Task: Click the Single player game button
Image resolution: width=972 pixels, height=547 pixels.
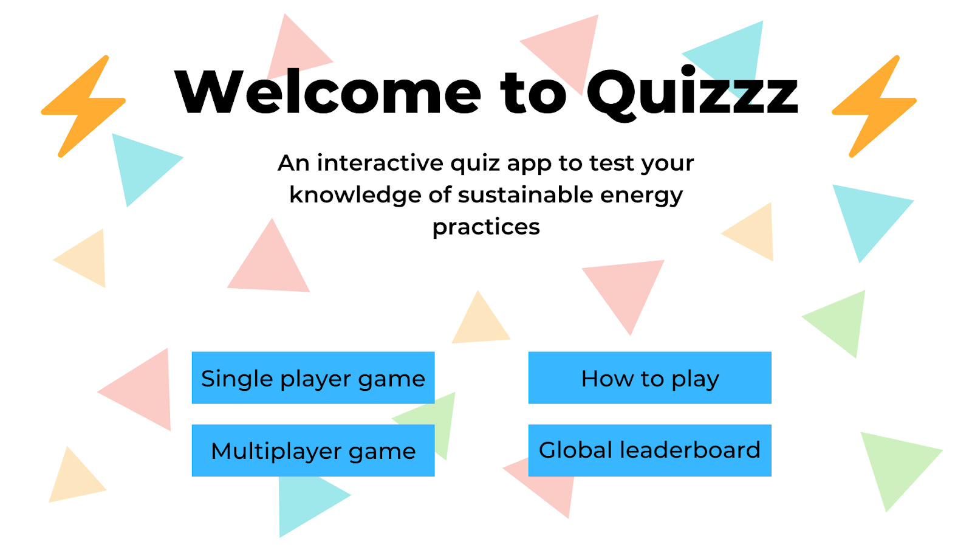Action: [x=313, y=377]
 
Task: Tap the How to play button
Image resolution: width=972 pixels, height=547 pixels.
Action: [x=649, y=377]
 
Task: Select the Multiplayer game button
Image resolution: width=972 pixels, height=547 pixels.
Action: [x=313, y=450]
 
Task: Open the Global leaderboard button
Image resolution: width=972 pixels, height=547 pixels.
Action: [x=649, y=450]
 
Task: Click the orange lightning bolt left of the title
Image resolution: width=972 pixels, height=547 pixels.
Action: [x=83, y=106]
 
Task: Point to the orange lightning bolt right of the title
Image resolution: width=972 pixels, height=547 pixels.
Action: [x=874, y=106]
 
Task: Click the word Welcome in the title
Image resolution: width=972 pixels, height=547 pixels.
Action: [x=327, y=92]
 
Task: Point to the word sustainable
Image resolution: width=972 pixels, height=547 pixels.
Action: [x=525, y=195]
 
